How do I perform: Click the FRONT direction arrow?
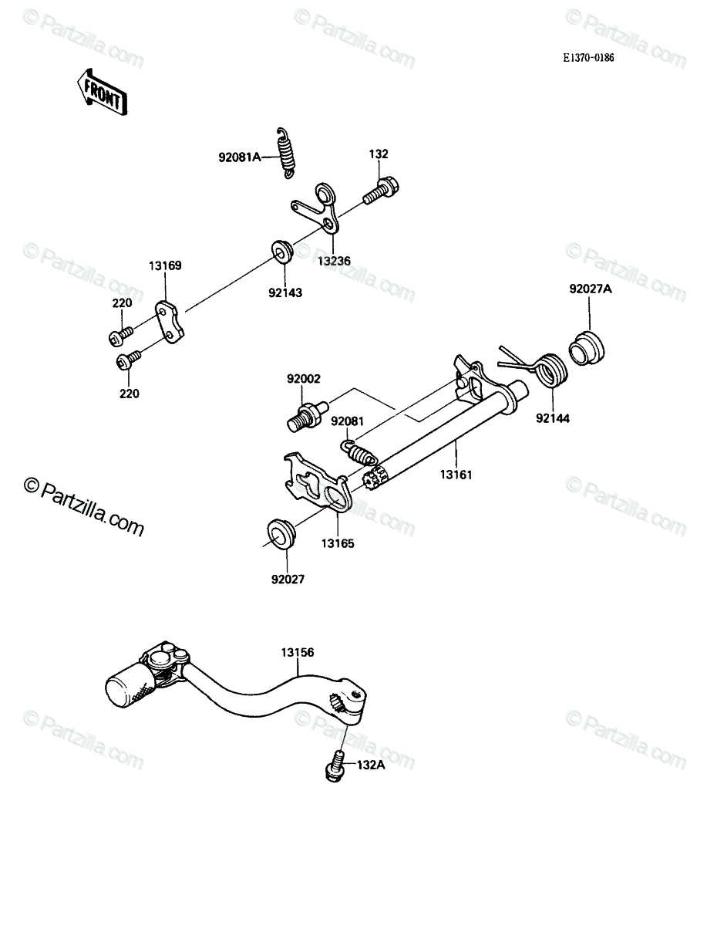102,92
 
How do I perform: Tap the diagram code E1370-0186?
588,58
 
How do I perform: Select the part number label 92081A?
239,157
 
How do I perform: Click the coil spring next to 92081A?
286,153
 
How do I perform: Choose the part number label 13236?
334,261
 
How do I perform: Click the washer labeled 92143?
282,252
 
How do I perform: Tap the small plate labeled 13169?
170,321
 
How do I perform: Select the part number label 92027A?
591,289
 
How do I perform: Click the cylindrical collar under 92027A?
586,349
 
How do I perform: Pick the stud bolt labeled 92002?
308,416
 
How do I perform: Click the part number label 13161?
456,475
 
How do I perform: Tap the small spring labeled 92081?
359,453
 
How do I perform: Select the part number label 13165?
338,543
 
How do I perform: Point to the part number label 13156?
298,652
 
